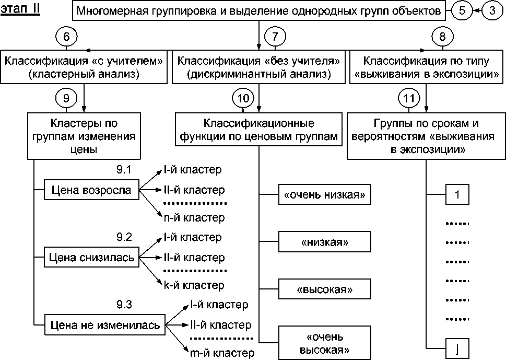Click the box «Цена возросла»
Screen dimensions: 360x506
click(x=91, y=190)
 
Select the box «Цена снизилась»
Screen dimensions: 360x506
click(x=91, y=257)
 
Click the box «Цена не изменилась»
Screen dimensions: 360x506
click(x=104, y=324)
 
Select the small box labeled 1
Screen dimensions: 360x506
click(x=458, y=195)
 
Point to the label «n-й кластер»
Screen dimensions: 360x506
click(x=194, y=217)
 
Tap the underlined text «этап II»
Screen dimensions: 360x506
click(x=20, y=9)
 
